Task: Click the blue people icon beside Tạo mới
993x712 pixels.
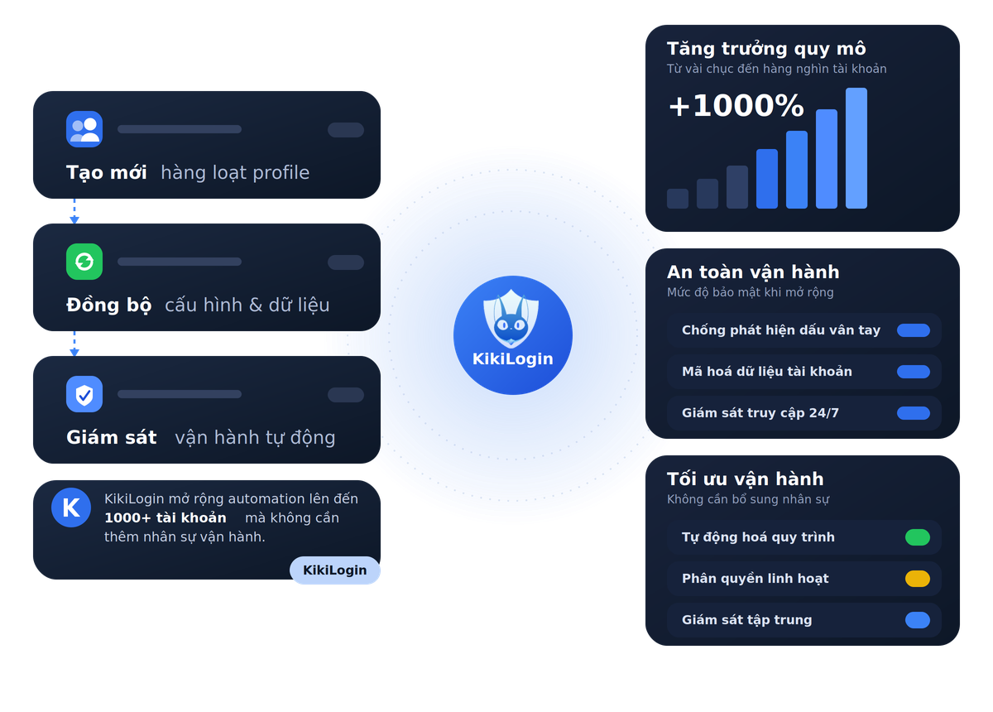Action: click(x=84, y=129)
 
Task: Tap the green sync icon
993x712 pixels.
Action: click(x=84, y=262)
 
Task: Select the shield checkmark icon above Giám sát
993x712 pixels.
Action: click(x=84, y=394)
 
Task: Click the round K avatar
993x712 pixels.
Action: click(x=71, y=508)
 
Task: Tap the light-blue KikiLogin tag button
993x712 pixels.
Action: click(x=334, y=570)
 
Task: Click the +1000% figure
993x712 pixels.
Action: click(x=736, y=106)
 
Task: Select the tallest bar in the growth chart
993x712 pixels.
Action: click(x=856, y=148)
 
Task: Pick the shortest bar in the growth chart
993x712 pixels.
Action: click(x=678, y=199)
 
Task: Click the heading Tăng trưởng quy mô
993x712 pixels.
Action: click(x=766, y=48)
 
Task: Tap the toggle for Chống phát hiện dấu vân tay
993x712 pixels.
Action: click(x=914, y=330)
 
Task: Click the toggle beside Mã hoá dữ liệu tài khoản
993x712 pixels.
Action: click(x=914, y=371)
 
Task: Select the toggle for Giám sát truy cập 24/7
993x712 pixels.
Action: click(x=914, y=413)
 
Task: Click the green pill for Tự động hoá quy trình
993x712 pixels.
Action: click(x=917, y=537)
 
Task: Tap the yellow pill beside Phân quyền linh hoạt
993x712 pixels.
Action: click(x=917, y=579)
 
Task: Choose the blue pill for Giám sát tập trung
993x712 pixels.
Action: click(x=917, y=620)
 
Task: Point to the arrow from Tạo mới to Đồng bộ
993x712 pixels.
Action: click(x=74, y=211)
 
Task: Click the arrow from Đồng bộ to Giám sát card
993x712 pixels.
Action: click(x=74, y=344)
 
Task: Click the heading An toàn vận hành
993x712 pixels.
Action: click(x=753, y=272)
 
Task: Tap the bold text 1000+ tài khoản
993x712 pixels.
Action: click(x=165, y=517)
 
